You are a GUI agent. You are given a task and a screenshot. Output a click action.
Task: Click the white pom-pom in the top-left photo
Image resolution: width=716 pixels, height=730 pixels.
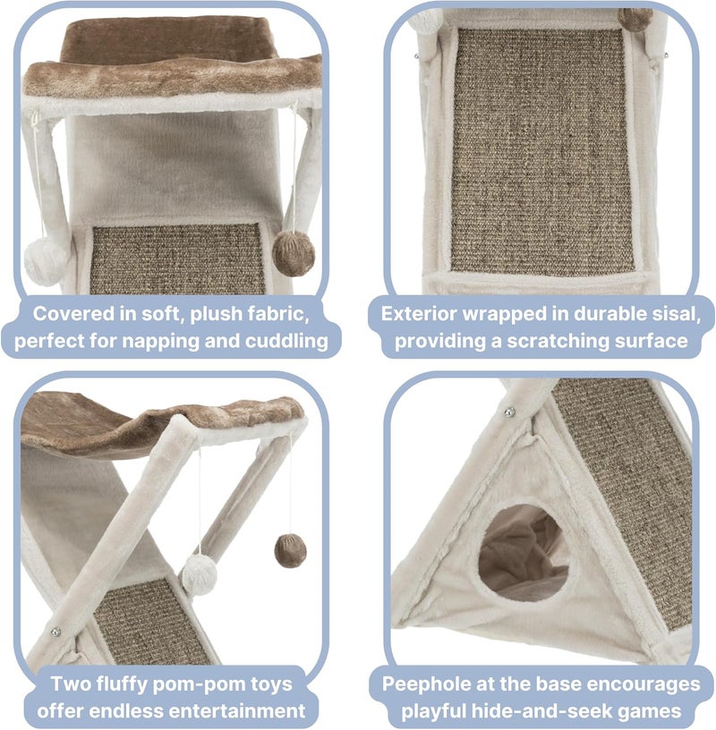coord(47,261)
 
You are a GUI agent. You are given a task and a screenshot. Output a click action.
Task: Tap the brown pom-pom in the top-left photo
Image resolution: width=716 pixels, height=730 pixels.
coord(294,253)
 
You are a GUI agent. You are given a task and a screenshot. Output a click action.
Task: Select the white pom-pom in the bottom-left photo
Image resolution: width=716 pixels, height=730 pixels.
coord(200,573)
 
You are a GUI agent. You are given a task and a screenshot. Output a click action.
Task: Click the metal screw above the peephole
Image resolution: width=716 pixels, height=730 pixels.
coord(511,412)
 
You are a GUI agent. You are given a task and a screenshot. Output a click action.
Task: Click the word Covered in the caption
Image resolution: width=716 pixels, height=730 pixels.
coord(74,314)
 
